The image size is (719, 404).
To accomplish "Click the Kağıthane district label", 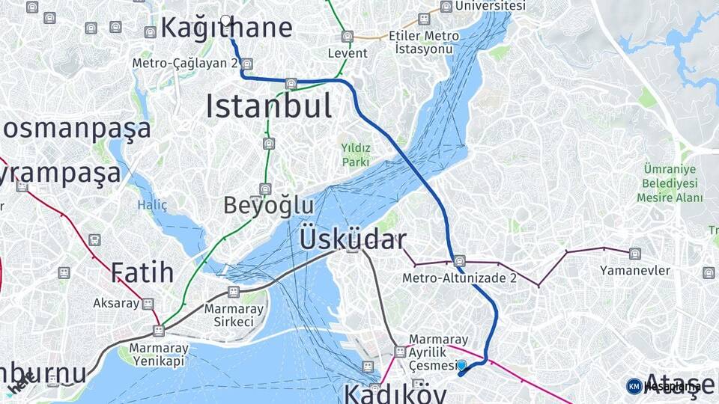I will [x=226, y=28].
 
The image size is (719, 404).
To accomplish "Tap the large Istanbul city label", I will [x=268, y=106].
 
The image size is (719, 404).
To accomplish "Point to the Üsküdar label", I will [x=353, y=239].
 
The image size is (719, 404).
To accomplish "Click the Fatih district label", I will [x=142, y=272].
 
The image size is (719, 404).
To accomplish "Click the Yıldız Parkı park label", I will [x=356, y=155].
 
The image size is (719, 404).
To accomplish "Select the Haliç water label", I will [x=152, y=204].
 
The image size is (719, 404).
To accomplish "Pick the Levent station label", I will [x=348, y=53].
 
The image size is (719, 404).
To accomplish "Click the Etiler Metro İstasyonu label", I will [x=424, y=42].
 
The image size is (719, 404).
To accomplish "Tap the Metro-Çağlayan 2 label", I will [x=185, y=64].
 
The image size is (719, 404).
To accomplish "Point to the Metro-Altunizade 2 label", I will [x=460, y=278].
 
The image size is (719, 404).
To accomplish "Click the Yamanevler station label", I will [x=635, y=270].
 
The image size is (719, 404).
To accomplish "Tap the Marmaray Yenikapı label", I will [x=159, y=355].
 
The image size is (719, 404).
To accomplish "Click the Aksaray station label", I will [x=116, y=303].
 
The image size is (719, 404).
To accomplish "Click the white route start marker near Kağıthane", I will [x=225, y=20].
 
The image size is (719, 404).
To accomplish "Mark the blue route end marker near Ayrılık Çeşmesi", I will [x=462, y=365].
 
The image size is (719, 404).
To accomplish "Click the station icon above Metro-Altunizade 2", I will [x=460, y=260].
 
